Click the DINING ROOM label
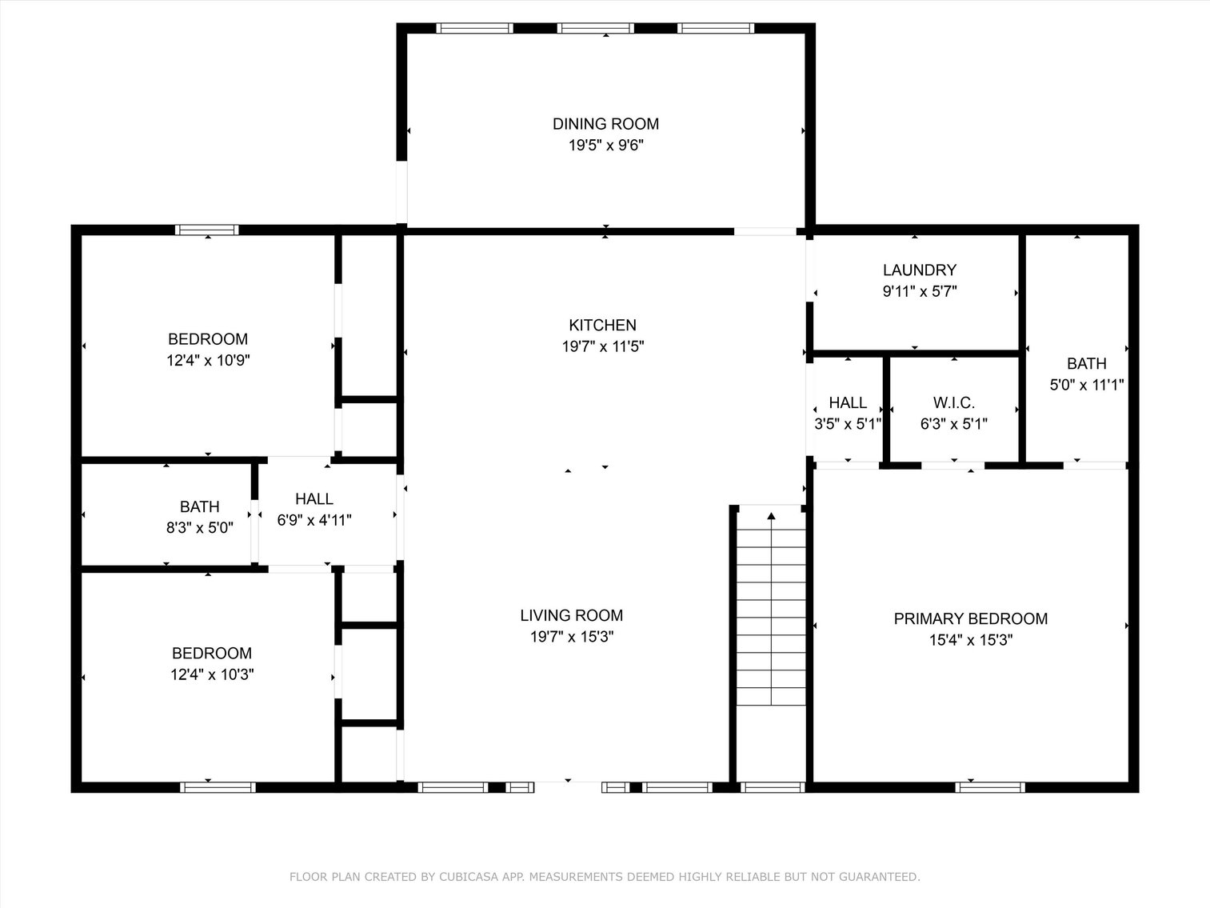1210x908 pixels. (x=605, y=124)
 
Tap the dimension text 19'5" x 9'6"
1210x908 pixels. (x=605, y=146)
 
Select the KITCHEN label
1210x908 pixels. (x=602, y=325)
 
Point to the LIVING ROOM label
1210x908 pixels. (x=571, y=615)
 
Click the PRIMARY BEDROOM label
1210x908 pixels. (x=970, y=618)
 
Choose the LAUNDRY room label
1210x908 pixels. (x=919, y=270)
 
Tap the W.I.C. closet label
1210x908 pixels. (x=953, y=402)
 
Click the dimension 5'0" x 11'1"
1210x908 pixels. (x=1086, y=385)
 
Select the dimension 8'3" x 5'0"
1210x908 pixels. (x=199, y=528)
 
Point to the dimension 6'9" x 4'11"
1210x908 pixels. (x=314, y=520)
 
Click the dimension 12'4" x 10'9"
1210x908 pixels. (x=208, y=361)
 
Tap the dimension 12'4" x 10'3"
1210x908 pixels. (x=212, y=674)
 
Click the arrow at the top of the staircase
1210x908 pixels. (x=771, y=517)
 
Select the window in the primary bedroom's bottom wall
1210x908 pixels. (x=989, y=787)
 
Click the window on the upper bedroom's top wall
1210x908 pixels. (x=207, y=230)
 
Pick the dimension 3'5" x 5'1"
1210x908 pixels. (x=847, y=424)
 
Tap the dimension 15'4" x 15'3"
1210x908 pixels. (x=970, y=640)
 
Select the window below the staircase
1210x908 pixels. (x=772, y=787)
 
